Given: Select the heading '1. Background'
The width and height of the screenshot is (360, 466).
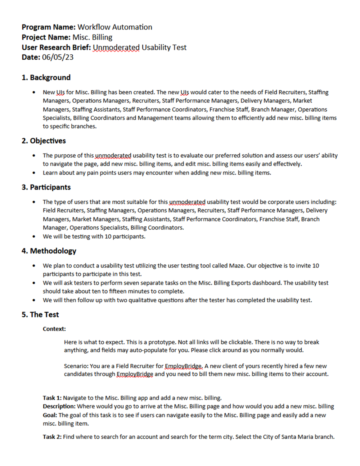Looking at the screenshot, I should (46, 77).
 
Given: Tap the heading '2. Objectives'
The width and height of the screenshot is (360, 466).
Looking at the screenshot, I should (44, 141).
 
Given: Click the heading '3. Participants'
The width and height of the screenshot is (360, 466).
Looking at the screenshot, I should (46, 187).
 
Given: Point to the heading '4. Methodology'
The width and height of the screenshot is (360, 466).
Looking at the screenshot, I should (49, 251).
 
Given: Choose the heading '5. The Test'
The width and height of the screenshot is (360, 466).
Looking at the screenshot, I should (40, 314).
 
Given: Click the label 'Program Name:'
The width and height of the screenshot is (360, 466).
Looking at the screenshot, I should (48, 27).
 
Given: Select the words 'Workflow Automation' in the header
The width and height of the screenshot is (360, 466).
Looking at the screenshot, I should (115, 27).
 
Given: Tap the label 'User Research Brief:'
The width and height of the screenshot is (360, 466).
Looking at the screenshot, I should (56, 47).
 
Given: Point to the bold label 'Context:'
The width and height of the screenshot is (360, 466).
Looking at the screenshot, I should (54, 329).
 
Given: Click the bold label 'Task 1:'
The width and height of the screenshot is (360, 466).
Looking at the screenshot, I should (52, 398).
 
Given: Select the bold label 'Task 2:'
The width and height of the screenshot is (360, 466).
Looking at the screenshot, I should (52, 436).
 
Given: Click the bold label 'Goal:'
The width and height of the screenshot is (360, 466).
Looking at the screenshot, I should (50, 415).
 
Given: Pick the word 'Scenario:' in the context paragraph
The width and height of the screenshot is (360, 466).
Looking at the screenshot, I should (76, 366).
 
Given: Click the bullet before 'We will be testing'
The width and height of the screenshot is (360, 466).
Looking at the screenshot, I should (34, 236).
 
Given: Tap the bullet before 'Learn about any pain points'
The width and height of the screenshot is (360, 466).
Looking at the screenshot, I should (34, 173).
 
